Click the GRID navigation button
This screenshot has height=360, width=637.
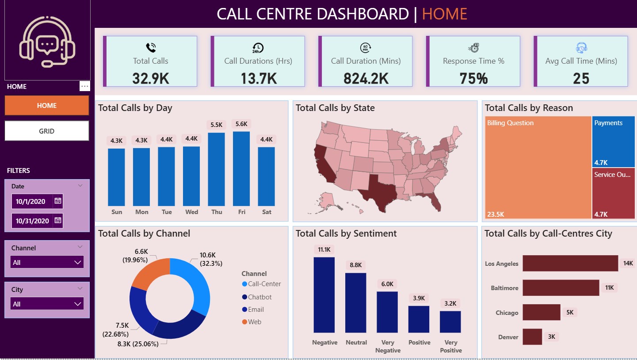47,131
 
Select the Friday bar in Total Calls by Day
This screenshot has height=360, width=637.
241,169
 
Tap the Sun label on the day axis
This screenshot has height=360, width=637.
117,212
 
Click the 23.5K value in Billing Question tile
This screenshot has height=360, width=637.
495,214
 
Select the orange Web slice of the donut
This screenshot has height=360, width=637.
148,274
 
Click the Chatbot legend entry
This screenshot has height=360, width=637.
259,297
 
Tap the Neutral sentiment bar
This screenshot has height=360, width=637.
355,303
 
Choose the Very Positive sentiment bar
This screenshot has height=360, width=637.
450,322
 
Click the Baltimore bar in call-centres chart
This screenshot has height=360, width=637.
561,287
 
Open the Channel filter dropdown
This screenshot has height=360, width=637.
47,262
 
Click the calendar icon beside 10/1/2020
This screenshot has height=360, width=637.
57,201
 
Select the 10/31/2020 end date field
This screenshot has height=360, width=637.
32,221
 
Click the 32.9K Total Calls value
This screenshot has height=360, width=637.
150,78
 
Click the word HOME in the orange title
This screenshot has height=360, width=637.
444,14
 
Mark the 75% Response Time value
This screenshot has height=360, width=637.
473,78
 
